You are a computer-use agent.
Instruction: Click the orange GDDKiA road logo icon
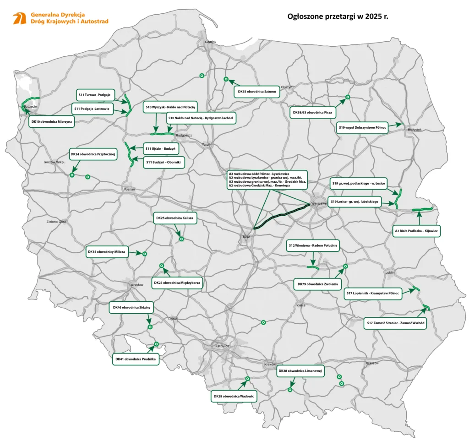(x=19, y=18)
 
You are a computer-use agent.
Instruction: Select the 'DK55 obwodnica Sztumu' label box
(x=256, y=92)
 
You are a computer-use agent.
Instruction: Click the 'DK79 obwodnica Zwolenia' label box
(x=318, y=284)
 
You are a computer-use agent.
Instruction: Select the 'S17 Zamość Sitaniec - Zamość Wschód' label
(x=396, y=323)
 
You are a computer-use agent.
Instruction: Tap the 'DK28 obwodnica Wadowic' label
(x=234, y=396)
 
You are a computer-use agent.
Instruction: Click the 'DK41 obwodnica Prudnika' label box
(x=136, y=359)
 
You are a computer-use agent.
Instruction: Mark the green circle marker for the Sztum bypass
(x=226, y=79)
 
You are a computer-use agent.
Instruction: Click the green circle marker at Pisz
(x=348, y=97)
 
